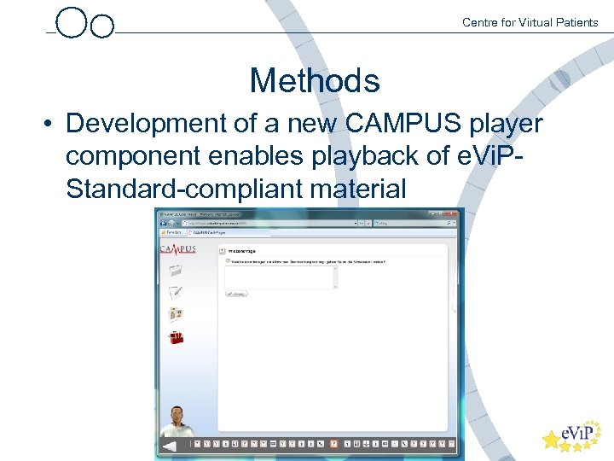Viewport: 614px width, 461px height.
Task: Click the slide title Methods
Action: (x=314, y=81)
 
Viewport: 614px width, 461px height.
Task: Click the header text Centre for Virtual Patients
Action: (x=530, y=22)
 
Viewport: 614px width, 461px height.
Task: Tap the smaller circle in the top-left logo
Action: (x=101, y=26)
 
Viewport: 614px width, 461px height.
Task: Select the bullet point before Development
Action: (x=49, y=125)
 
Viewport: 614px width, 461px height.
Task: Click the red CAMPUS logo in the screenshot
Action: (x=177, y=249)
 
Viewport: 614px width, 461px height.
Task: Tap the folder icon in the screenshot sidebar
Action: (x=176, y=271)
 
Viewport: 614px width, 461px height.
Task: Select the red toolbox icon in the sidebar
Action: (x=176, y=337)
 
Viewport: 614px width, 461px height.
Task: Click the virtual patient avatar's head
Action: (x=178, y=415)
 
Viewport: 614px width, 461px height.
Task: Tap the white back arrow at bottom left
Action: (x=169, y=446)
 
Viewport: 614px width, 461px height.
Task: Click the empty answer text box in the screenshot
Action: (x=281, y=277)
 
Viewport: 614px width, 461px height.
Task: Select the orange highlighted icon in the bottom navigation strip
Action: (x=333, y=444)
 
